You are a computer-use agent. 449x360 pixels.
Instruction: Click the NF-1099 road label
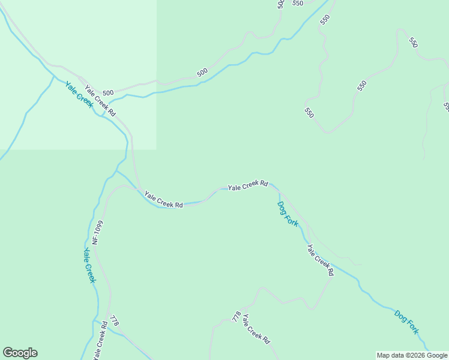[98, 232]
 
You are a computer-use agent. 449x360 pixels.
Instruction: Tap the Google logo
[20, 353]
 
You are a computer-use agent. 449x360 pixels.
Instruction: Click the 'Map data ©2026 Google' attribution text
[412, 355]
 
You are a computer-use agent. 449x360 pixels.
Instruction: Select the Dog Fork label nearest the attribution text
[406, 321]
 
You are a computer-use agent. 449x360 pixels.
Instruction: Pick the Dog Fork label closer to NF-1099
[288, 214]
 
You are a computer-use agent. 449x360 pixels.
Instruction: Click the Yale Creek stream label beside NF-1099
[89, 265]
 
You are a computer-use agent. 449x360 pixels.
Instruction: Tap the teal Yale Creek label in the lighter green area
[79, 94]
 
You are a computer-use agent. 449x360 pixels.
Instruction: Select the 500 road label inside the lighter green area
[107, 93]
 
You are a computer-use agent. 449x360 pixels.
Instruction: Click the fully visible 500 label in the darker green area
[202, 73]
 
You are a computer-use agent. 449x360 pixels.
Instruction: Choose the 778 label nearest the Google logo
[115, 321]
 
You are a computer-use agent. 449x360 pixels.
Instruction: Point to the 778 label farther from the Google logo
[237, 316]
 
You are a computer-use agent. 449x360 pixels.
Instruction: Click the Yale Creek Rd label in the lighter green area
[100, 101]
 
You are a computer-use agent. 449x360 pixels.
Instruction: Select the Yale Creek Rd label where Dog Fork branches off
[247, 186]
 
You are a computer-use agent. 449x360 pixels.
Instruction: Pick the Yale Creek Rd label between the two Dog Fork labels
[320, 259]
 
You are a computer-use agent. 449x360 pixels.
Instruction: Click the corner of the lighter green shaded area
[157, 149]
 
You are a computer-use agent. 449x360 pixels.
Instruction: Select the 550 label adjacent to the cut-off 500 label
[298, 3]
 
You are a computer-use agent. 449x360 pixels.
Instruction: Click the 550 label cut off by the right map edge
[446, 106]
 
